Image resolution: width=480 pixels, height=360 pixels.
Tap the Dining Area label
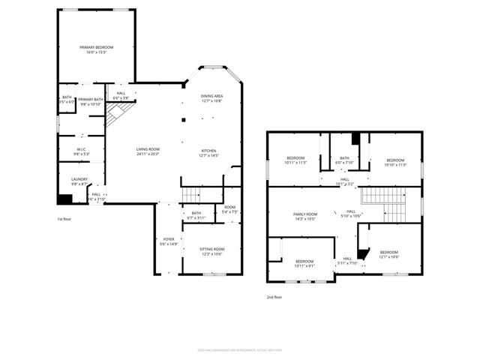pos(211,98)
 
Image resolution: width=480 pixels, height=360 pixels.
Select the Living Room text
pos(148,151)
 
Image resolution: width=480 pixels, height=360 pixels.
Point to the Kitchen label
pos(208,153)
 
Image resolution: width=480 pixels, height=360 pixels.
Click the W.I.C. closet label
pos(81,151)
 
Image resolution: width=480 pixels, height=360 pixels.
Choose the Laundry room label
pos(79,181)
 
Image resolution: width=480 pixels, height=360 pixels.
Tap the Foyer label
pos(169,241)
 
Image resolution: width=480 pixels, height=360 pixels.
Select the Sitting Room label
pos(211,250)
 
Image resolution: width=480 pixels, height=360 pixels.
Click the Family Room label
pos(305,216)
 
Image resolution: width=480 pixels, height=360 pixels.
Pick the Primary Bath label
pos(90,101)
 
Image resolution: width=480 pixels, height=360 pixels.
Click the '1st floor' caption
pos(65,219)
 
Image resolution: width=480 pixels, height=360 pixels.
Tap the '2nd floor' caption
pos(275,297)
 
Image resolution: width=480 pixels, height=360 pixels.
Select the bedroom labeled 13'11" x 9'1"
pos(304,262)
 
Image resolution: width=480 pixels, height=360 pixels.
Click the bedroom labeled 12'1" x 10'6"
pos(388,254)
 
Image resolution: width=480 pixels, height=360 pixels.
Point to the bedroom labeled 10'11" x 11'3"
pos(295,160)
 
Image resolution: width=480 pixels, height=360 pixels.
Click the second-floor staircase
pos(382,196)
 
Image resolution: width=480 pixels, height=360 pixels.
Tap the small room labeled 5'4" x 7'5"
pos(229,210)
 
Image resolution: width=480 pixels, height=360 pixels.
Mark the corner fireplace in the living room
pos(114,114)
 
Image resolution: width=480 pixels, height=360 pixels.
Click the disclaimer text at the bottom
pos(239,349)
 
